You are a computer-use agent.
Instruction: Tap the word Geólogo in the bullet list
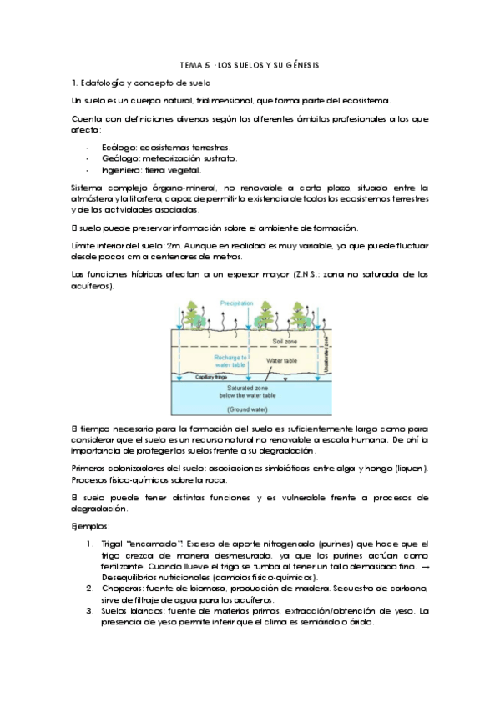click(119, 158)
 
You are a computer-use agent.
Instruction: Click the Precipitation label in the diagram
click(237, 303)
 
